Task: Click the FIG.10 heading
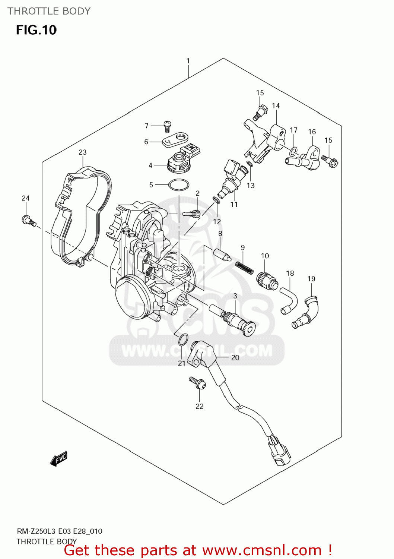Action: [x=36, y=30]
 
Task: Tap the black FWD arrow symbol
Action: [x=59, y=459]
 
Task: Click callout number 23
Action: [x=82, y=152]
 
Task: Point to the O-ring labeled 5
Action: [x=179, y=185]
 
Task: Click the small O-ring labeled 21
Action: [x=183, y=340]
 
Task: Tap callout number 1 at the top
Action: [x=188, y=61]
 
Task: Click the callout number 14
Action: [x=276, y=106]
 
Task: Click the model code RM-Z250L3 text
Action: [x=36, y=531]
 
